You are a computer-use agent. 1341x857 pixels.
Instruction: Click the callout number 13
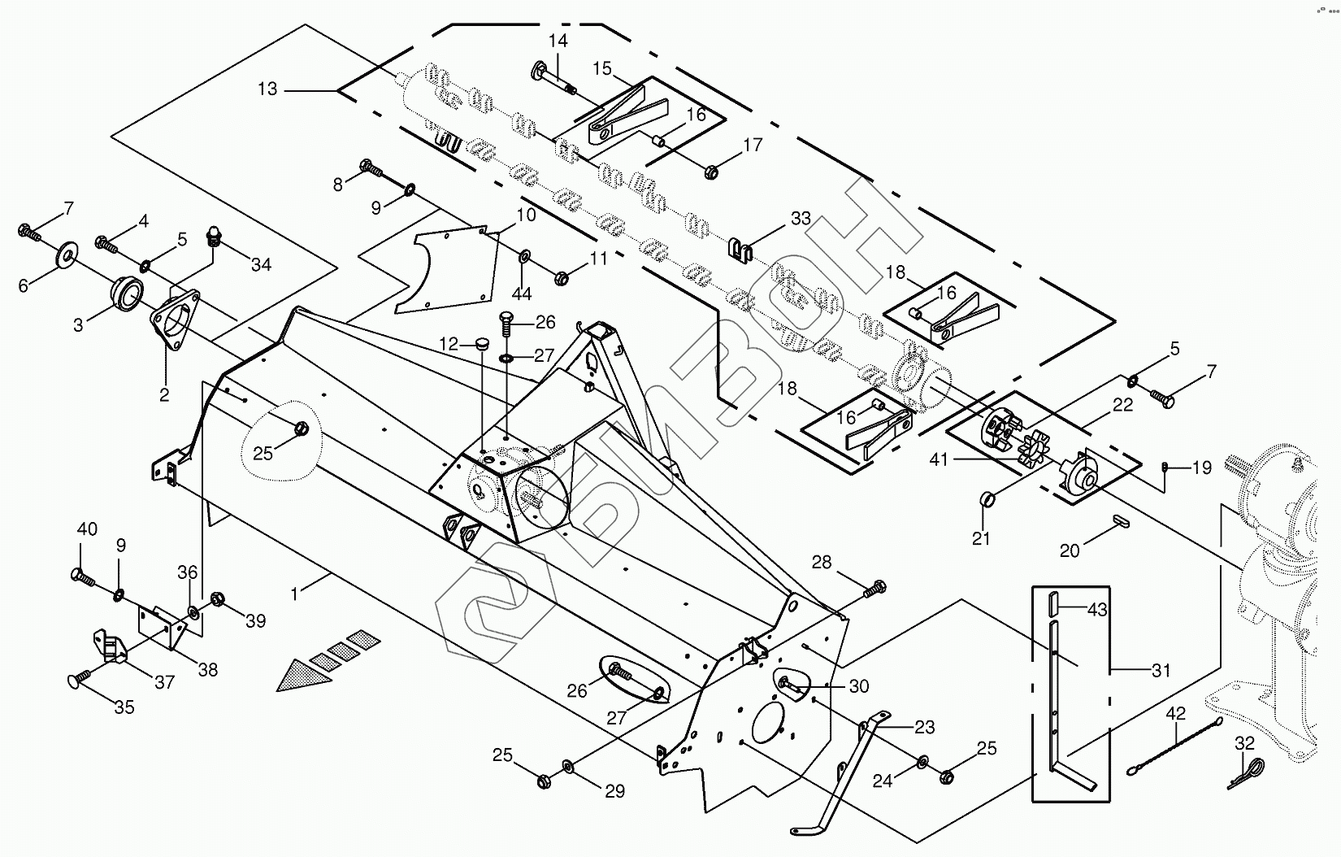pyautogui.click(x=267, y=89)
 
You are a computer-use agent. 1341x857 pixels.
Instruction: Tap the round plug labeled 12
pyautogui.click(x=482, y=345)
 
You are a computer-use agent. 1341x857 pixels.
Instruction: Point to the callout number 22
pyautogui.click(x=1123, y=406)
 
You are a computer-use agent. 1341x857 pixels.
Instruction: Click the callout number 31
pyautogui.click(x=1161, y=671)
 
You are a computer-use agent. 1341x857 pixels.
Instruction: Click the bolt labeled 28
pyautogui.click(x=874, y=587)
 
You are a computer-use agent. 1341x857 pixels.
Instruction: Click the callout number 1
pyautogui.click(x=294, y=594)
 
